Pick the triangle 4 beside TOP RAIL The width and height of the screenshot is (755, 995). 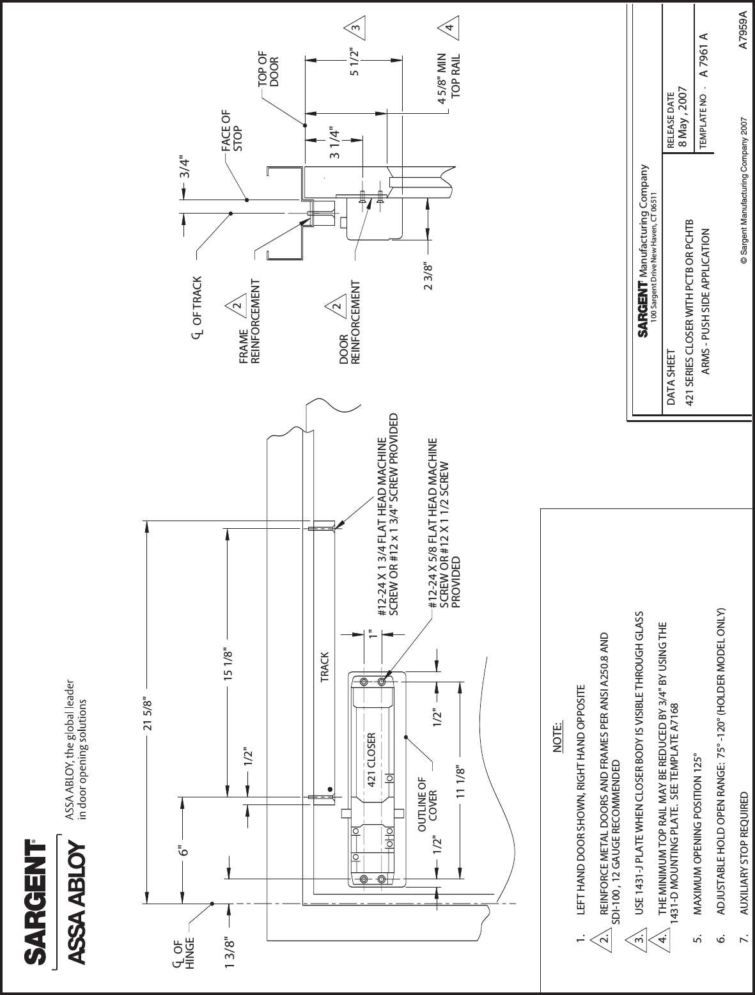tap(450, 28)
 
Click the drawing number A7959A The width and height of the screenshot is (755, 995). tap(742, 29)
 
